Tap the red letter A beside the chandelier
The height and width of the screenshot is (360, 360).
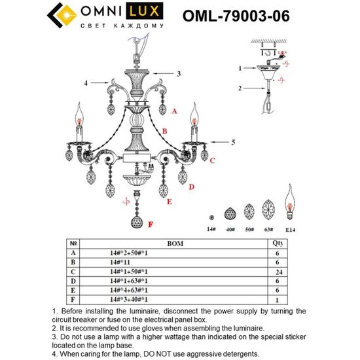tap(174, 112)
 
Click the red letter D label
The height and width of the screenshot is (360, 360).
tap(192, 187)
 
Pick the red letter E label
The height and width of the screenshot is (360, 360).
tap(169, 202)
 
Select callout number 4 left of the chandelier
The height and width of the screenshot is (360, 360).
tap(86, 82)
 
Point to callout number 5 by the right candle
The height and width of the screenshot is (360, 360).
tap(233, 141)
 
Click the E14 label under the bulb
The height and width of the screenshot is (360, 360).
tap(290, 230)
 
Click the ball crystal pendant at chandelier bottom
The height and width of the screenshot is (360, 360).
tap(137, 222)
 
